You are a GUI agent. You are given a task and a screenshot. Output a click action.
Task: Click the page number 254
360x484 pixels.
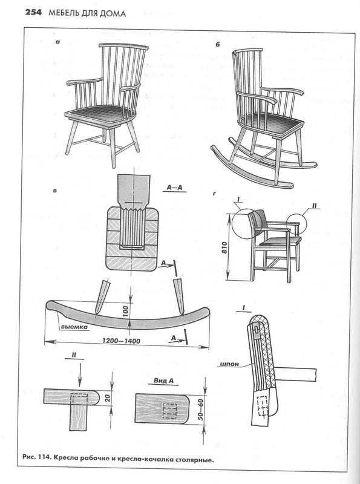tap(33, 13)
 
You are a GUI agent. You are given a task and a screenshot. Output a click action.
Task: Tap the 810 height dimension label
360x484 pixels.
tap(224, 247)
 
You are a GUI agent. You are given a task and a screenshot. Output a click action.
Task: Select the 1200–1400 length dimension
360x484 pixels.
tap(122, 341)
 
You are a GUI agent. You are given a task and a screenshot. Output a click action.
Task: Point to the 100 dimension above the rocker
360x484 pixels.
tap(125, 312)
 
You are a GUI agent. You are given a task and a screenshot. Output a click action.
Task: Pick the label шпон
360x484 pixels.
tap(229, 364)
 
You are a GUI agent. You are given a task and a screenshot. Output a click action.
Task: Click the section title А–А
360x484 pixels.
tap(175, 188)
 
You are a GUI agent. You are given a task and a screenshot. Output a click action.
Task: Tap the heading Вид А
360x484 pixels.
tap(163, 381)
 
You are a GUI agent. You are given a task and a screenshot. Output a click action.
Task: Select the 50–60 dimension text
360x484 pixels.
tap(201, 410)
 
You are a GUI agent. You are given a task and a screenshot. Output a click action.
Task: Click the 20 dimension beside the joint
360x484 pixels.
tap(107, 398)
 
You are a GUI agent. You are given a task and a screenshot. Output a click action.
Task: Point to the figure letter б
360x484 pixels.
tap(217, 45)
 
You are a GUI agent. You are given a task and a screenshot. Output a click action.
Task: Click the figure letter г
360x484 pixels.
tap(214, 194)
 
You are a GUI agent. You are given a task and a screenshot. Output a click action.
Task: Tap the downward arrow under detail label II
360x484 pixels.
tap(80, 374)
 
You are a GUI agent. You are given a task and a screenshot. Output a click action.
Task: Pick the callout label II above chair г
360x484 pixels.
tap(315, 206)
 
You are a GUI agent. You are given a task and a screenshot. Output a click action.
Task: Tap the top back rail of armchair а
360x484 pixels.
tap(123, 47)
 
